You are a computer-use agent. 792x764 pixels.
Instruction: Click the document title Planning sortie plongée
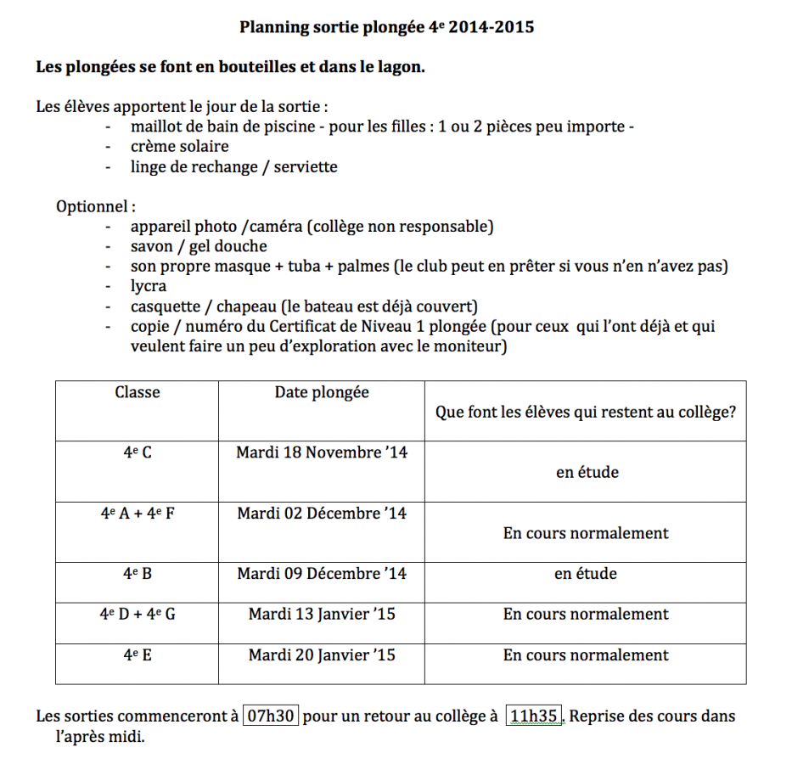click(x=386, y=27)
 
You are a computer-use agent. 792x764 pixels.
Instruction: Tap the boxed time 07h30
click(x=271, y=716)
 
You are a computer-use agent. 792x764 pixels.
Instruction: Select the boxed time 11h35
click(x=534, y=716)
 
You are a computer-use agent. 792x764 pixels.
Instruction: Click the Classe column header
click(x=138, y=392)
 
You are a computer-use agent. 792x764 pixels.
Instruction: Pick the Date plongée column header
click(x=322, y=392)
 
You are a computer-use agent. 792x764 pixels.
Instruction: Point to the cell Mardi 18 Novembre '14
click(x=322, y=452)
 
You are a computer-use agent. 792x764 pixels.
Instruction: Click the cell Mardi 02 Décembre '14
click(x=322, y=514)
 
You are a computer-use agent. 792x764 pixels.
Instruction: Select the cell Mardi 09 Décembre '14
click(x=322, y=574)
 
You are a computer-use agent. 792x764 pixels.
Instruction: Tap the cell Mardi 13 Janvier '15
click(x=322, y=614)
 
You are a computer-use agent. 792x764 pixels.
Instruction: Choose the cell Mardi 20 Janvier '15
click(x=322, y=655)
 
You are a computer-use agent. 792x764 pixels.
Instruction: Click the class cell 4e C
click(x=138, y=452)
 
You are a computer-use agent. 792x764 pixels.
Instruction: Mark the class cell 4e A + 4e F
click(x=138, y=514)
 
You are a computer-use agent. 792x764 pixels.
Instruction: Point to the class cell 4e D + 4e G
click(x=138, y=614)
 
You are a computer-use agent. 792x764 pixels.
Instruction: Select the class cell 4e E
click(x=138, y=655)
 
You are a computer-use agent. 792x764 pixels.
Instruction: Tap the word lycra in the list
click(x=149, y=286)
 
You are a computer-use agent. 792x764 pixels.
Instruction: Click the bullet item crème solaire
click(x=179, y=146)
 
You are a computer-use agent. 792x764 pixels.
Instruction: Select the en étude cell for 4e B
click(x=586, y=574)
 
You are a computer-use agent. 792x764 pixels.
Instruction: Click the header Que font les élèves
click(x=586, y=413)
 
